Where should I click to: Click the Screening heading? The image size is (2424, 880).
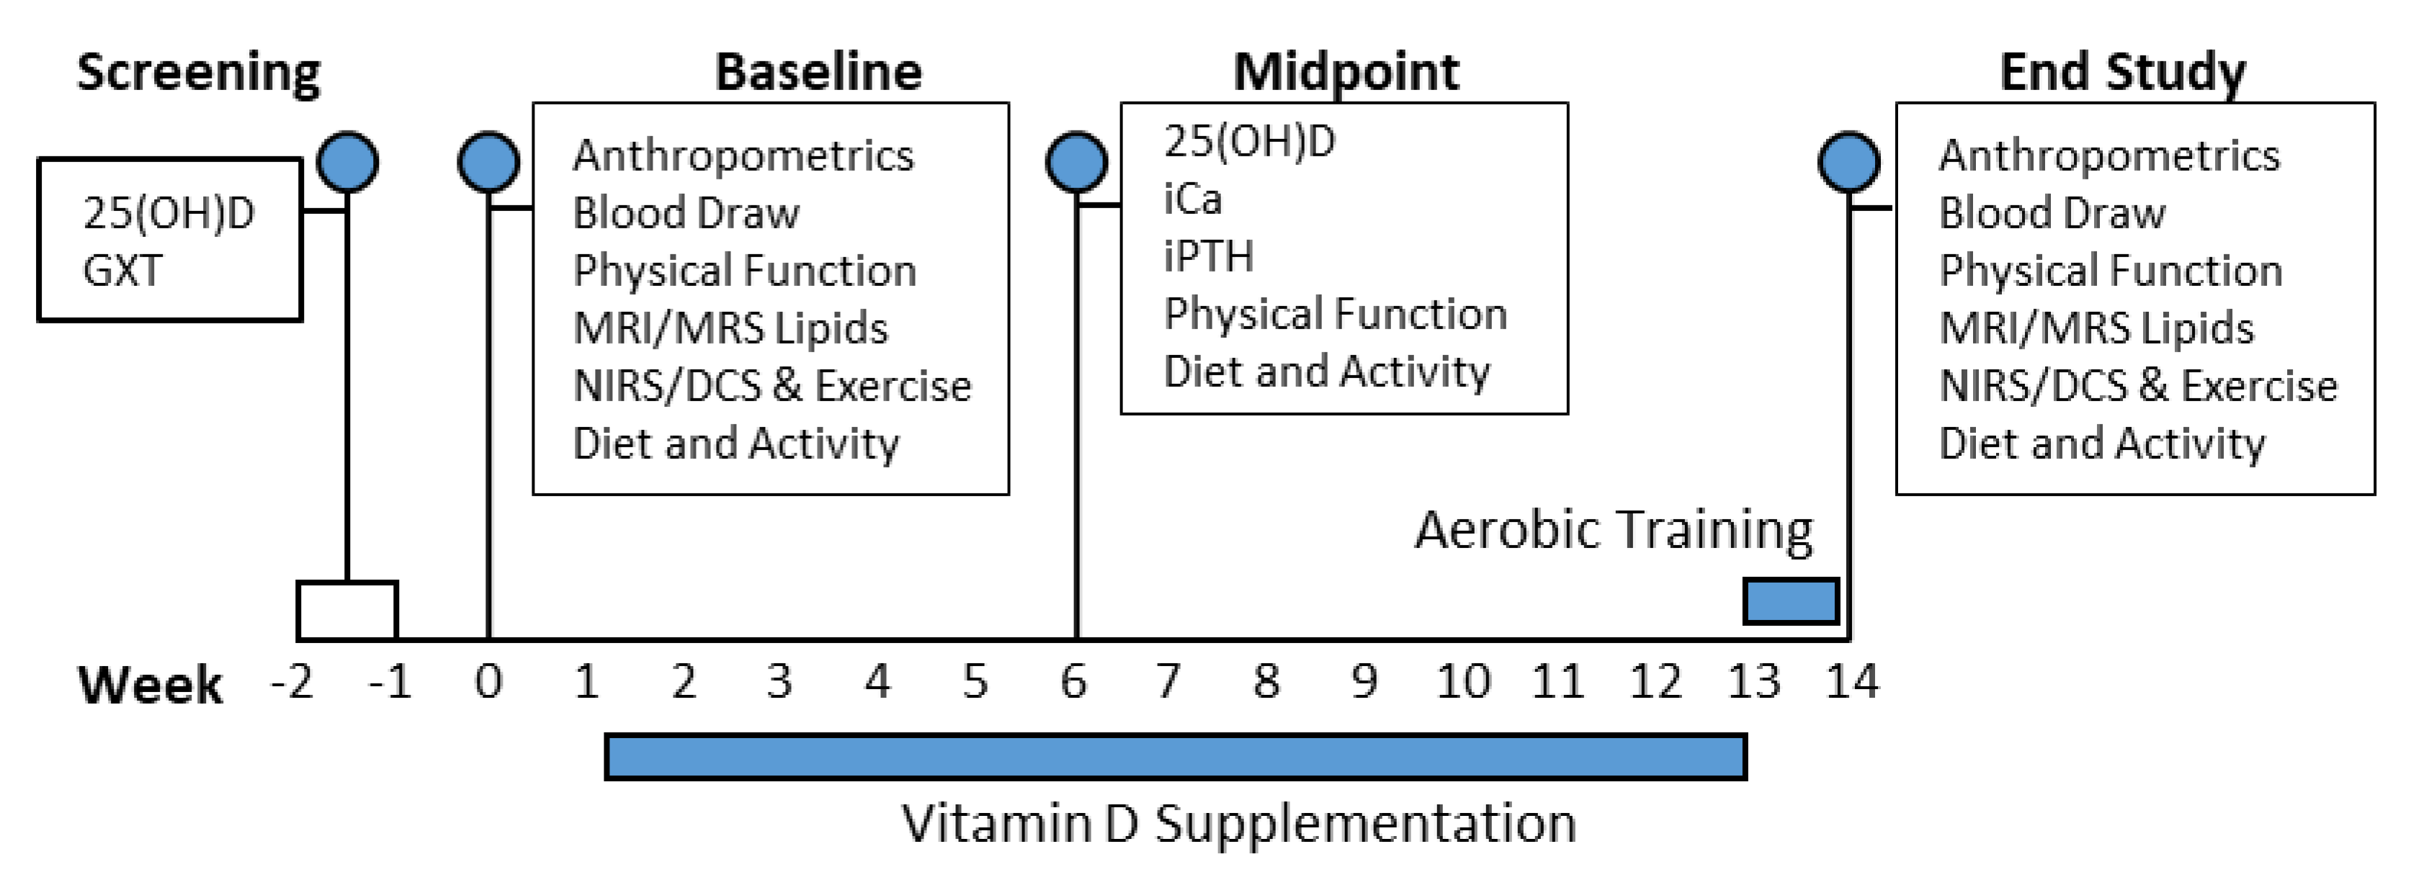click(x=199, y=73)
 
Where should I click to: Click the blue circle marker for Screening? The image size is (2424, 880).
click(x=347, y=162)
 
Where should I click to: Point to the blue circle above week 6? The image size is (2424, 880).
click(x=1076, y=162)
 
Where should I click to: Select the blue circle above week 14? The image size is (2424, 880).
click(x=1848, y=162)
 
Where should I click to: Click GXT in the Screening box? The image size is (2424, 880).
click(x=122, y=271)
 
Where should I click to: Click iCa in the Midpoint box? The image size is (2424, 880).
click(x=1192, y=199)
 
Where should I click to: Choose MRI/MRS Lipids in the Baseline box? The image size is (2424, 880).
click(x=730, y=328)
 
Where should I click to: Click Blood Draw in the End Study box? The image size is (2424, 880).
click(x=2052, y=212)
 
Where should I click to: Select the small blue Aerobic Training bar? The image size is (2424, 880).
click(x=1790, y=601)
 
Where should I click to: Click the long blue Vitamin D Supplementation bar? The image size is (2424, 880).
click(x=1176, y=757)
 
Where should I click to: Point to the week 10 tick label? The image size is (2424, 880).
click(x=1462, y=681)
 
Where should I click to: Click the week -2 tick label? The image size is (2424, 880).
click(x=292, y=681)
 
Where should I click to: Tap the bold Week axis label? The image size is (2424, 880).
click(x=151, y=684)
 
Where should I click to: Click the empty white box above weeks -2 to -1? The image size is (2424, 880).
click(x=347, y=611)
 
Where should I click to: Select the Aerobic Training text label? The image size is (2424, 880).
click(x=1613, y=529)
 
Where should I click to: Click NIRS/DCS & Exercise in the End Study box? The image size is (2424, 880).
click(x=2138, y=386)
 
